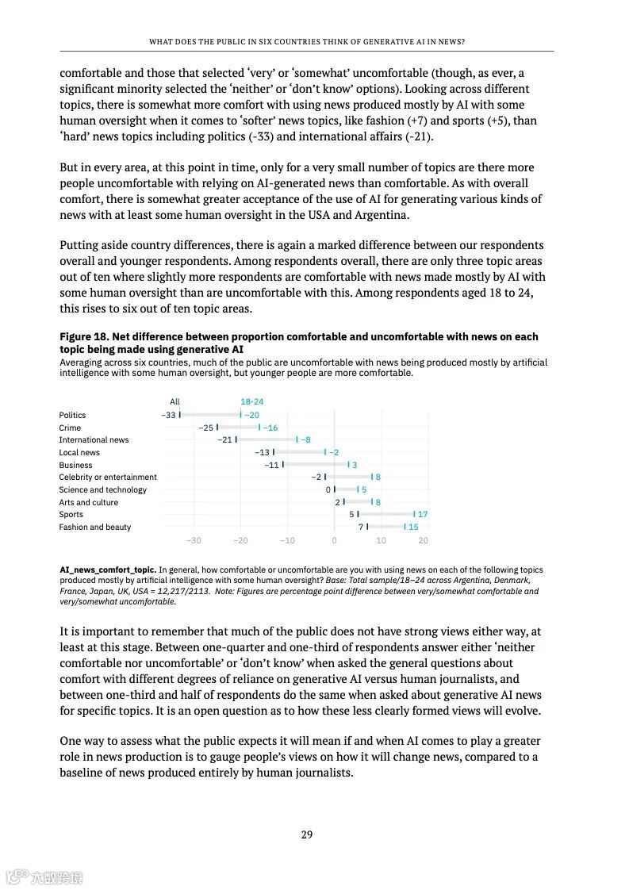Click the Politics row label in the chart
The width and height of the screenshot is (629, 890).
coord(72,415)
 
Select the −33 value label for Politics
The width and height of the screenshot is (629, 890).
coord(168,415)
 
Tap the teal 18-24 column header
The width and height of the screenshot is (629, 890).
coord(252,401)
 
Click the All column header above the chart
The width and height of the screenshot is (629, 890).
coord(175,401)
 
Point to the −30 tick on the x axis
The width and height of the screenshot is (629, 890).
coord(194,540)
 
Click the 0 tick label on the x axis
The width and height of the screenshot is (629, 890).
coord(334,540)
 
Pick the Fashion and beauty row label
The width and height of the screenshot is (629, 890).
coord(95,527)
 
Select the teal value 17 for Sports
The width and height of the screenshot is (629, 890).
coord(423,514)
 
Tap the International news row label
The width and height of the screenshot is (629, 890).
coord(94,439)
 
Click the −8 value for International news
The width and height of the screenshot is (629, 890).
coord(305,439)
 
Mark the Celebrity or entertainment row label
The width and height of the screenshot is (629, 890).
coord(108,477)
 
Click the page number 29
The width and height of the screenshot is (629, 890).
coord(307,834)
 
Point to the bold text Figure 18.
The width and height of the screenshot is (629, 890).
coord(83,337)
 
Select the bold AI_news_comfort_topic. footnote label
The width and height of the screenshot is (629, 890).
coord(108,570)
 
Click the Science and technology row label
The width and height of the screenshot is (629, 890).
coord(103,489)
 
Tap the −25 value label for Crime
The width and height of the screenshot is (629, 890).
coord(206,428)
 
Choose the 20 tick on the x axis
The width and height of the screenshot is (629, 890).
coord(423,540)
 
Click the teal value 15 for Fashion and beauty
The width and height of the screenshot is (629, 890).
coord(413,527)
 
